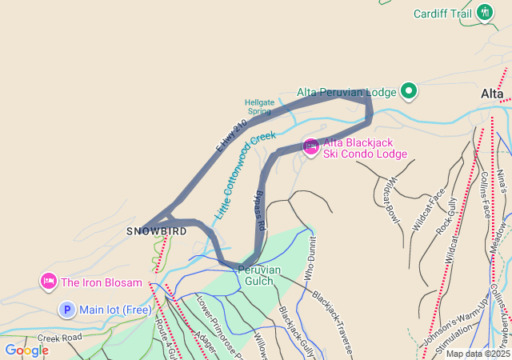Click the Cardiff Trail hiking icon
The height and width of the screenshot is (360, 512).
click(x=485, y=13)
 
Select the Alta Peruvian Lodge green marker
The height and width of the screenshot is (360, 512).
click(x=409, y=91)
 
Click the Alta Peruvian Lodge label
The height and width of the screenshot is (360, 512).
click(x=346, y=92)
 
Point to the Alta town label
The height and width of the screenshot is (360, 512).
click(x=492, y=94)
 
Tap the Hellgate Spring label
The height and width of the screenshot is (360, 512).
click(x=259, y=107)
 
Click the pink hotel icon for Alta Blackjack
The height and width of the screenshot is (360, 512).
click(x=310, y=146)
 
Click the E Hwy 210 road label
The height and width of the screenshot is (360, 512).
click(x=231, y=137)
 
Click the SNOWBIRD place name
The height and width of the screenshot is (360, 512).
click(x=157, y=231)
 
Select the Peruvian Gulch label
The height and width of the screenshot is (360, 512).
click(x=259, y=275)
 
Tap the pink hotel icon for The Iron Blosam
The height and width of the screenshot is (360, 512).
click(x=48, y=282)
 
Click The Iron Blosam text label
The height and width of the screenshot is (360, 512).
click(x=102, y=282)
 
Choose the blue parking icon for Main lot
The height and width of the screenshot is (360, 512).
click(x=67, y=310)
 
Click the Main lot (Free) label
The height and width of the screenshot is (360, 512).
click(x=115, y=310)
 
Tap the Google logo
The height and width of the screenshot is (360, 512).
click(x=26, y=350)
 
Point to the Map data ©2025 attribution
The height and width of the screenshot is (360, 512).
click(x=477, y=354)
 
